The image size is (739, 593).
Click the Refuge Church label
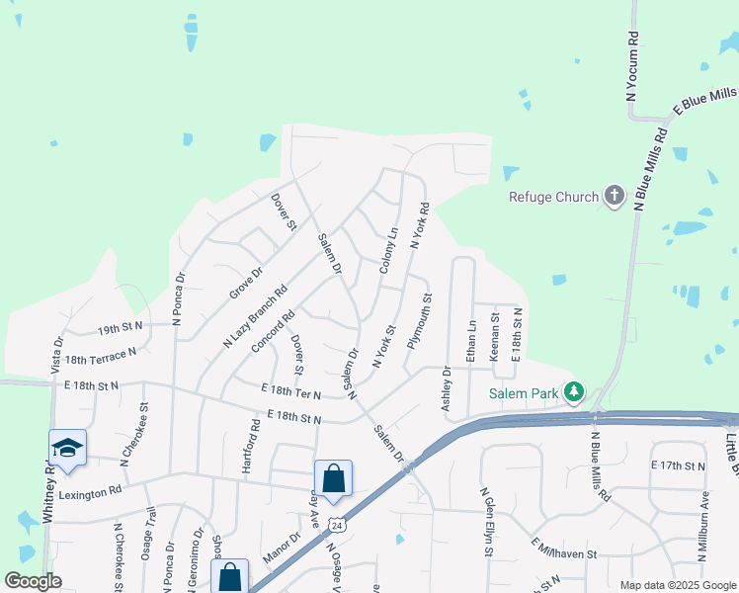(x=553, y=197)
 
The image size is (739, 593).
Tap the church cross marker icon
(x=615, y=196)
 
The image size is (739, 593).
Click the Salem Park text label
(x=524, y=393)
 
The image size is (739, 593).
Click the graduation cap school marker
(x=67, y=449)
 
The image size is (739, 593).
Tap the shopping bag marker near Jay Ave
(x=334, y=479)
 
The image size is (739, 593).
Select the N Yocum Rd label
(x=632, y=65)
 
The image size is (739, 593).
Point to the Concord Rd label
(x=273, y=332)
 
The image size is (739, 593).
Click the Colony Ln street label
(x=388, y=252)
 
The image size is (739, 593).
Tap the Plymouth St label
(x=419, y=319)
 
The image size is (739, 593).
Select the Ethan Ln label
(x=471, y=339)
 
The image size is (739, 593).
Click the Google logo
(x=34, y=581)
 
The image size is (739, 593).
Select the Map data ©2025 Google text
(x=677, y=585)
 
